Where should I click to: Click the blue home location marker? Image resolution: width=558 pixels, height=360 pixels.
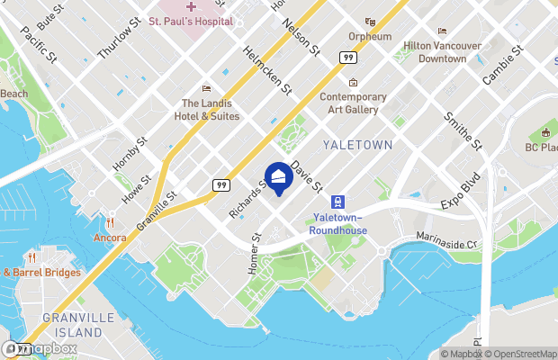[278, 176]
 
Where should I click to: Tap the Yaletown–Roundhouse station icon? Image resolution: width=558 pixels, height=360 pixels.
[337, 202]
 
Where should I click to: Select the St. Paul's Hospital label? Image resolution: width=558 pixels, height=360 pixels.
[191, 21]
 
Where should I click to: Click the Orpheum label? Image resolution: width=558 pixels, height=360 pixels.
[370, 36]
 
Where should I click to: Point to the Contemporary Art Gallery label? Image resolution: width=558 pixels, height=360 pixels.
[354, 103]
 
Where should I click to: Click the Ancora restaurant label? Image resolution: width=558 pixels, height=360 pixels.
[109, 238]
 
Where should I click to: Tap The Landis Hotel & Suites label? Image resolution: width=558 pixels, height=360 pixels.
[208, 109]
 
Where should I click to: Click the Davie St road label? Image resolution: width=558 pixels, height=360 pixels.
[307, 175]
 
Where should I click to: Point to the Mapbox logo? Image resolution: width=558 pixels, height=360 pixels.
[40, 348]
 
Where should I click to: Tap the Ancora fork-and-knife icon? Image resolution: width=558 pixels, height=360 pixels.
[109, 222]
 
